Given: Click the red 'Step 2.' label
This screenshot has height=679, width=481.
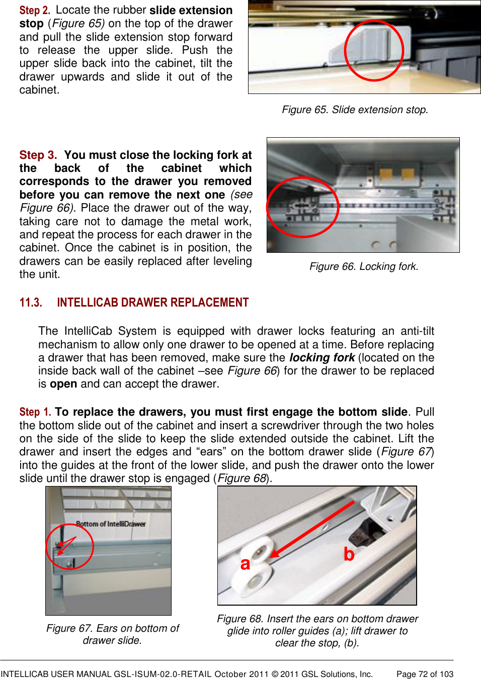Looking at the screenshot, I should coord(34,11).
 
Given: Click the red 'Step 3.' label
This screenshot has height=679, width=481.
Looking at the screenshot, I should coord(38,155).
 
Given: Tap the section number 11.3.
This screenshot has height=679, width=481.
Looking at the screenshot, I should coord(30,303).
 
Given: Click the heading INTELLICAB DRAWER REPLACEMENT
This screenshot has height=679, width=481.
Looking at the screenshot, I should coord(152,303).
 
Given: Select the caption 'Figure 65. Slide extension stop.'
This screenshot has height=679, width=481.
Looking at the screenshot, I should coord(355,110).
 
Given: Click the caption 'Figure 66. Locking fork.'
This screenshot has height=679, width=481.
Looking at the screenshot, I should coord(364,266).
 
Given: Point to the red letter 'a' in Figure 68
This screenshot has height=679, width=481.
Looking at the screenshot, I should coord(245,564).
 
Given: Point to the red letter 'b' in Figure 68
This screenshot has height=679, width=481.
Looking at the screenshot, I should coord(349,554).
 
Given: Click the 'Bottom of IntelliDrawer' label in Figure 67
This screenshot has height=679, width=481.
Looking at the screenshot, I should coord(111,524).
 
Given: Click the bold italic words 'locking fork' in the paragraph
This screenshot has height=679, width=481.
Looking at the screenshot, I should coord(322,358).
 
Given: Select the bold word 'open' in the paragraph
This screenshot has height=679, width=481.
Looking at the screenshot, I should coord(63,384).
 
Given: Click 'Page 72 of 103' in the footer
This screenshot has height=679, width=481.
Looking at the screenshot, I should coord(425,674).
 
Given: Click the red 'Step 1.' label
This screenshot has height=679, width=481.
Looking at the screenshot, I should coord(35,412).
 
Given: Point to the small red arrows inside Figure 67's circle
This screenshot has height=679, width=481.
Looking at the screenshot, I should coord(64,545).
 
